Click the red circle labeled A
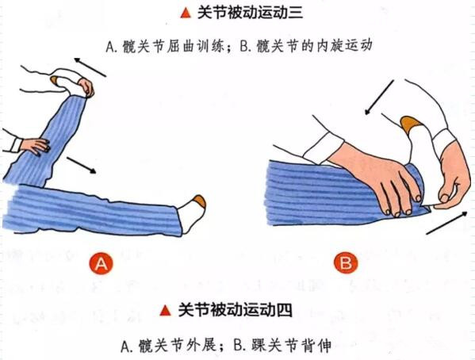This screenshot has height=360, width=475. tap(102, 263)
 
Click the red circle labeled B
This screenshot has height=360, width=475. tap(345, 263)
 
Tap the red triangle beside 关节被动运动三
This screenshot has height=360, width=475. tap(186, 13)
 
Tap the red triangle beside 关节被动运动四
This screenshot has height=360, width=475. tap(166, 310)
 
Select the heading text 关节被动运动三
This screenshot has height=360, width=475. tap(251, 13)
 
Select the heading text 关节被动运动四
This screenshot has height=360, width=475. tap(235, 310)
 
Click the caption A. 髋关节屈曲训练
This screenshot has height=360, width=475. tap(165, 47)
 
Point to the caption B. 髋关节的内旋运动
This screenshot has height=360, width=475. tap(306, 46)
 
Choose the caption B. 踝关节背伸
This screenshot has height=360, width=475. tap(282, 346)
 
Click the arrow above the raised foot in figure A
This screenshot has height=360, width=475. tap(90, 67)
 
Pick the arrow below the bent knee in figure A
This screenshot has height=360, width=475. tap(81, 166)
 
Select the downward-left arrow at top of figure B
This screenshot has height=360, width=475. tap(379, 98)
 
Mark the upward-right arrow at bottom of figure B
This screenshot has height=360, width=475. tap(446, 223)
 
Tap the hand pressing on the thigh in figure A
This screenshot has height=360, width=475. tap(35, 146)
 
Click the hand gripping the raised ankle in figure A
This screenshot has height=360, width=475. tap(86, 87)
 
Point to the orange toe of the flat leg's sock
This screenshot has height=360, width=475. tap(200, 201)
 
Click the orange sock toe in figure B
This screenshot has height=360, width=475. tap(412, 124)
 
